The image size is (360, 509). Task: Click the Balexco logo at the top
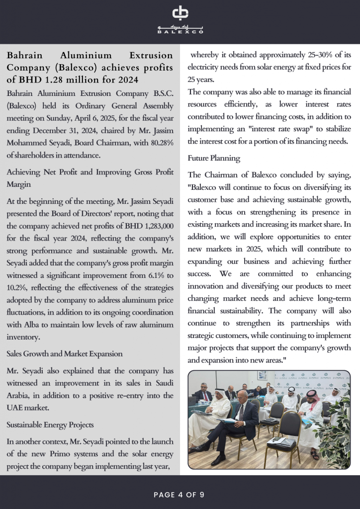[180, 20]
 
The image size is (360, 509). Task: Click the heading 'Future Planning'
[214, 158]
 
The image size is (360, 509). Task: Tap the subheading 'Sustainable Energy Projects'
[50, 424]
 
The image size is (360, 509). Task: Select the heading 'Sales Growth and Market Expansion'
[65, 353]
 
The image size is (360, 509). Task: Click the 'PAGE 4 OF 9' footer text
[180, 495]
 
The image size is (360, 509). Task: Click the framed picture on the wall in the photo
[262, 375]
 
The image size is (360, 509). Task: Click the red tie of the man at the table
[205, 396]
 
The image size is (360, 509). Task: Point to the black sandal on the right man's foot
[314, 455]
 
